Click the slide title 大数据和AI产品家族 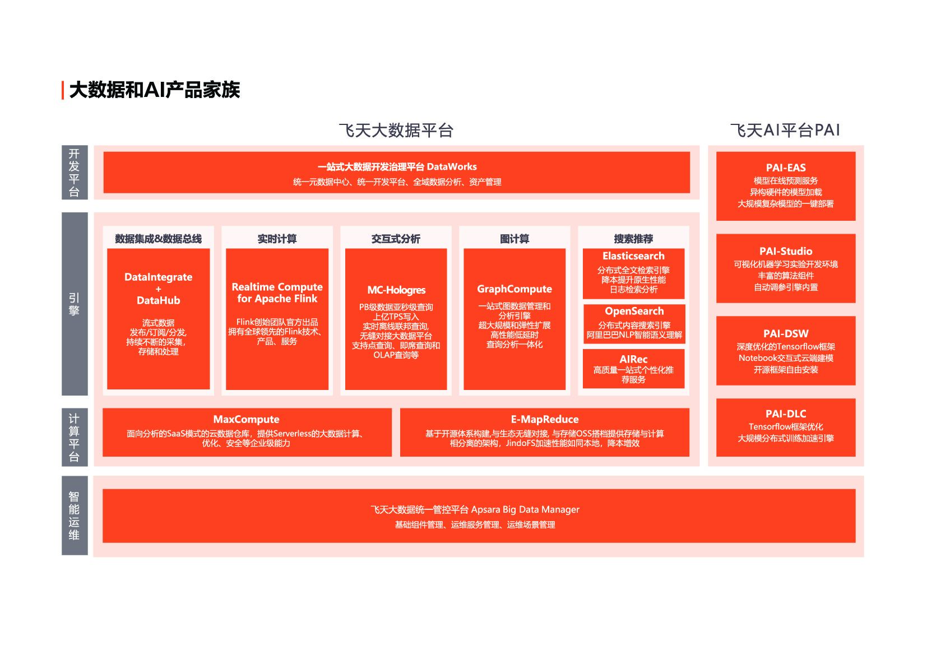[x=154, y=90]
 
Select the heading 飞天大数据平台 [x=396, y=131]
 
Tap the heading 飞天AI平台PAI [x=785, y=131]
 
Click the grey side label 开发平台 [x=74, y=173]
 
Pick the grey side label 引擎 [x=74, y=304]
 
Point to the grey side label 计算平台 [x=74, y=437]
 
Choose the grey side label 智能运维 [x=74, y=515]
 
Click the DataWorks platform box [x=396, y=173]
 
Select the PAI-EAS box [x=785, y=185]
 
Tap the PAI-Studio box [x=785, y=268]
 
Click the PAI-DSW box [x=785, y=351]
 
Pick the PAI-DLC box [x=785, y=427]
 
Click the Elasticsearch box [x=633, y=273]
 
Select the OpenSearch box [x=634, y=323]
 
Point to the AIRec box [x=633, y=368]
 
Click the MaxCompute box [x=247, y=431]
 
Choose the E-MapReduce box [x=544, y=431]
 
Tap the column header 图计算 [x=515, y=239]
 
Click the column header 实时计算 [x=277, y=239]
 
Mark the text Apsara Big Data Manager [x=525, y=509]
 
